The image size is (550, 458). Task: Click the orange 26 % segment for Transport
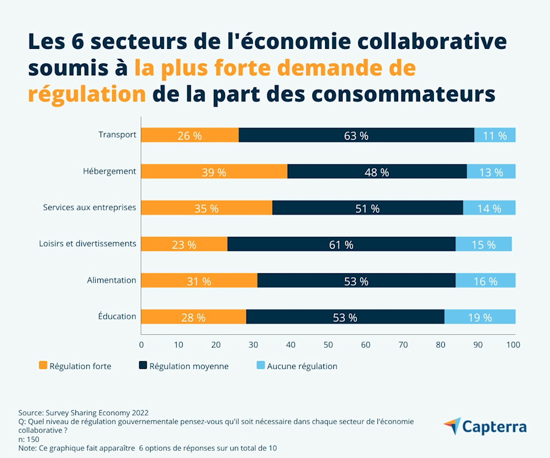coord(190,135)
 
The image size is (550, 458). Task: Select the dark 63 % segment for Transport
coord(356,135)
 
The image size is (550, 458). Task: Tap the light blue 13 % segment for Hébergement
coord(491,172)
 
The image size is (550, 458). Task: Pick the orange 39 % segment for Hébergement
coord(214,172)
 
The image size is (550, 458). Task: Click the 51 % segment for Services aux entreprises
coord(367,208)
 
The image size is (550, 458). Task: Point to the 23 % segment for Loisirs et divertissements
coord(184,244)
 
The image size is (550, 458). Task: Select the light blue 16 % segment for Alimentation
coord(486,280)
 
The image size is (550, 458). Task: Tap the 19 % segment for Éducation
coord(480,317)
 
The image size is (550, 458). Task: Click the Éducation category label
coord(117,317)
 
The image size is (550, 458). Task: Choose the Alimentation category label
coord(111,280)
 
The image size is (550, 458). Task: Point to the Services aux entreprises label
coord(89,208)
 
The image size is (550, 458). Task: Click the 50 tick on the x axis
coord(328,345)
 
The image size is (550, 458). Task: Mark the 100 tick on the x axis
coord(513,345)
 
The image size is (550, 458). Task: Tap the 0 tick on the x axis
coord(141,345)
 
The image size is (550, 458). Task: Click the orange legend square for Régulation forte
coord(43,366)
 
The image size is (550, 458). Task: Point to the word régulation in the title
coord(87,93)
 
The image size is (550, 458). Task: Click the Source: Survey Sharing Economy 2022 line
coord(84,412)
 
